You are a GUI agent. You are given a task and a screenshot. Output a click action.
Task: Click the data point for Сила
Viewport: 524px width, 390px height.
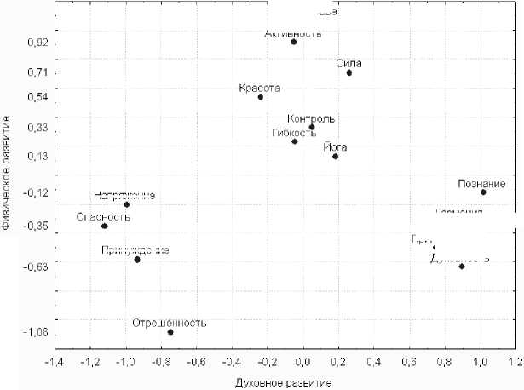(349, 73)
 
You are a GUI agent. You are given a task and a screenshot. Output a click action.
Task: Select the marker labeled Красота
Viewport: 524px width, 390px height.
(261, 97)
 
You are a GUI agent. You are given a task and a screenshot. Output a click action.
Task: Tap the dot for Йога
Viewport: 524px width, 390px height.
(336, 157)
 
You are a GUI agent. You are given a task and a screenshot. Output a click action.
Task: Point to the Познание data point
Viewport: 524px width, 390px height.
(483, 192)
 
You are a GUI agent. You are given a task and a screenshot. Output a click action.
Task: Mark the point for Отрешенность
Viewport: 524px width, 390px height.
(170, 332)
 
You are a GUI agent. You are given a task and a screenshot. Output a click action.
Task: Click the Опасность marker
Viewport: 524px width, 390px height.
(104, 227)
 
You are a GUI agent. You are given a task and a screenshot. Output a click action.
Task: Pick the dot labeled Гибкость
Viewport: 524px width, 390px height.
(295, 141)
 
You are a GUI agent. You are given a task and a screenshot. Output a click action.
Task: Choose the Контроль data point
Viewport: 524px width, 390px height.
(312, 127)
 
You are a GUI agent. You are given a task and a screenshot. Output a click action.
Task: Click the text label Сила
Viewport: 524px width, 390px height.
(349, 63)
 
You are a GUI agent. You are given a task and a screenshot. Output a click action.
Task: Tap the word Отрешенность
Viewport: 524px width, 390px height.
(170, 323)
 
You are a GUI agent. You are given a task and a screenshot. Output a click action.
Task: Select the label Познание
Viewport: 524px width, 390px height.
(481, 183)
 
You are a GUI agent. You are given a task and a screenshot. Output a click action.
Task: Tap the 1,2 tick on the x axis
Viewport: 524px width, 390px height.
(515, 362)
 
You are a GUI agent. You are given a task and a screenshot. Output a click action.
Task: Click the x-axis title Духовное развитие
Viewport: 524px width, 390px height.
(284, 381)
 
